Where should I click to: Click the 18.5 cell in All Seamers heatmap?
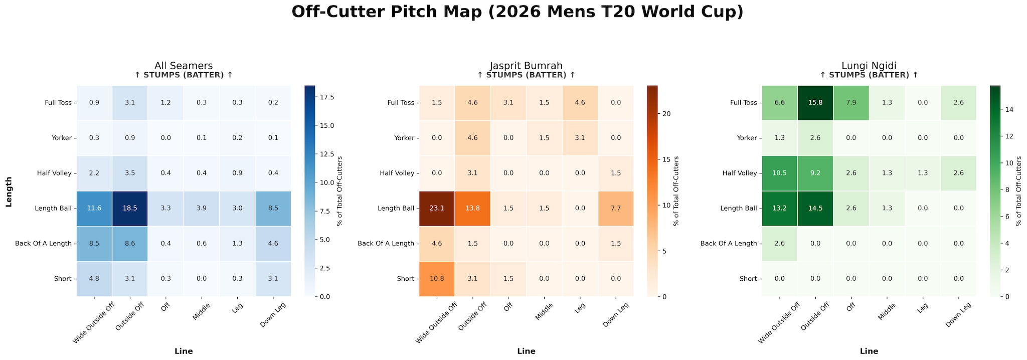(x=129, y=209)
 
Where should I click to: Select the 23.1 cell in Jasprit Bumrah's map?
(x=437, y=209)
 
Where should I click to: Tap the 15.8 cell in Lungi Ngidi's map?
(x=815, y=103)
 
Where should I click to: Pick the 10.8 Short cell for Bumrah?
(x=437, y=279)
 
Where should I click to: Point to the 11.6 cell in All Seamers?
(x=94, y=209)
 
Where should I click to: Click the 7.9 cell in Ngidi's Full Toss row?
(x=850, y=103)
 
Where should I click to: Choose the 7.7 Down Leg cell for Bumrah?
(x=615, y=209)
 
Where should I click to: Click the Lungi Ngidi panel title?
(x=869, y=66)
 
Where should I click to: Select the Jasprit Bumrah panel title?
(x=526, y=66)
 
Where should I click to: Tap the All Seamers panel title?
(x=184, y=66)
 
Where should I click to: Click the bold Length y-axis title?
(x=9, y=191)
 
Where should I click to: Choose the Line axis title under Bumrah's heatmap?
(x=526, y=351)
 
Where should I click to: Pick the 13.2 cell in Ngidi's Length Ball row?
(x=779, y=209)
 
